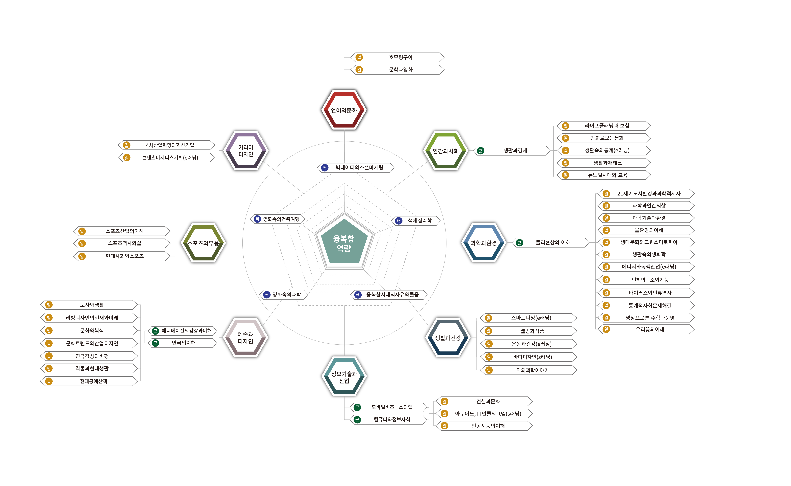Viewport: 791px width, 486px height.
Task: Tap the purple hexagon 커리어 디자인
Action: pos(246,150)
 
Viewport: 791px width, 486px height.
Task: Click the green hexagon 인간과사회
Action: pos(445,151)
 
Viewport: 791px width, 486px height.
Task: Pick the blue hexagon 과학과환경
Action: pos(483,243)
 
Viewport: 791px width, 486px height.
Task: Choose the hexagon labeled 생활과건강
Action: pos(448,337)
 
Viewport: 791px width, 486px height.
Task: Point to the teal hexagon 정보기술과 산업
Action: pos(344,377)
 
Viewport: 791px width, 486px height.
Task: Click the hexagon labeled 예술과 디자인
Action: pos(245,337)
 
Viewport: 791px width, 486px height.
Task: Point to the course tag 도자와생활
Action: pos(92,305)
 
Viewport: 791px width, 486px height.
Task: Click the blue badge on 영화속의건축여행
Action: pos(257,219)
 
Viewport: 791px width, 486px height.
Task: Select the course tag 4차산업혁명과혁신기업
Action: pos(170,145)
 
